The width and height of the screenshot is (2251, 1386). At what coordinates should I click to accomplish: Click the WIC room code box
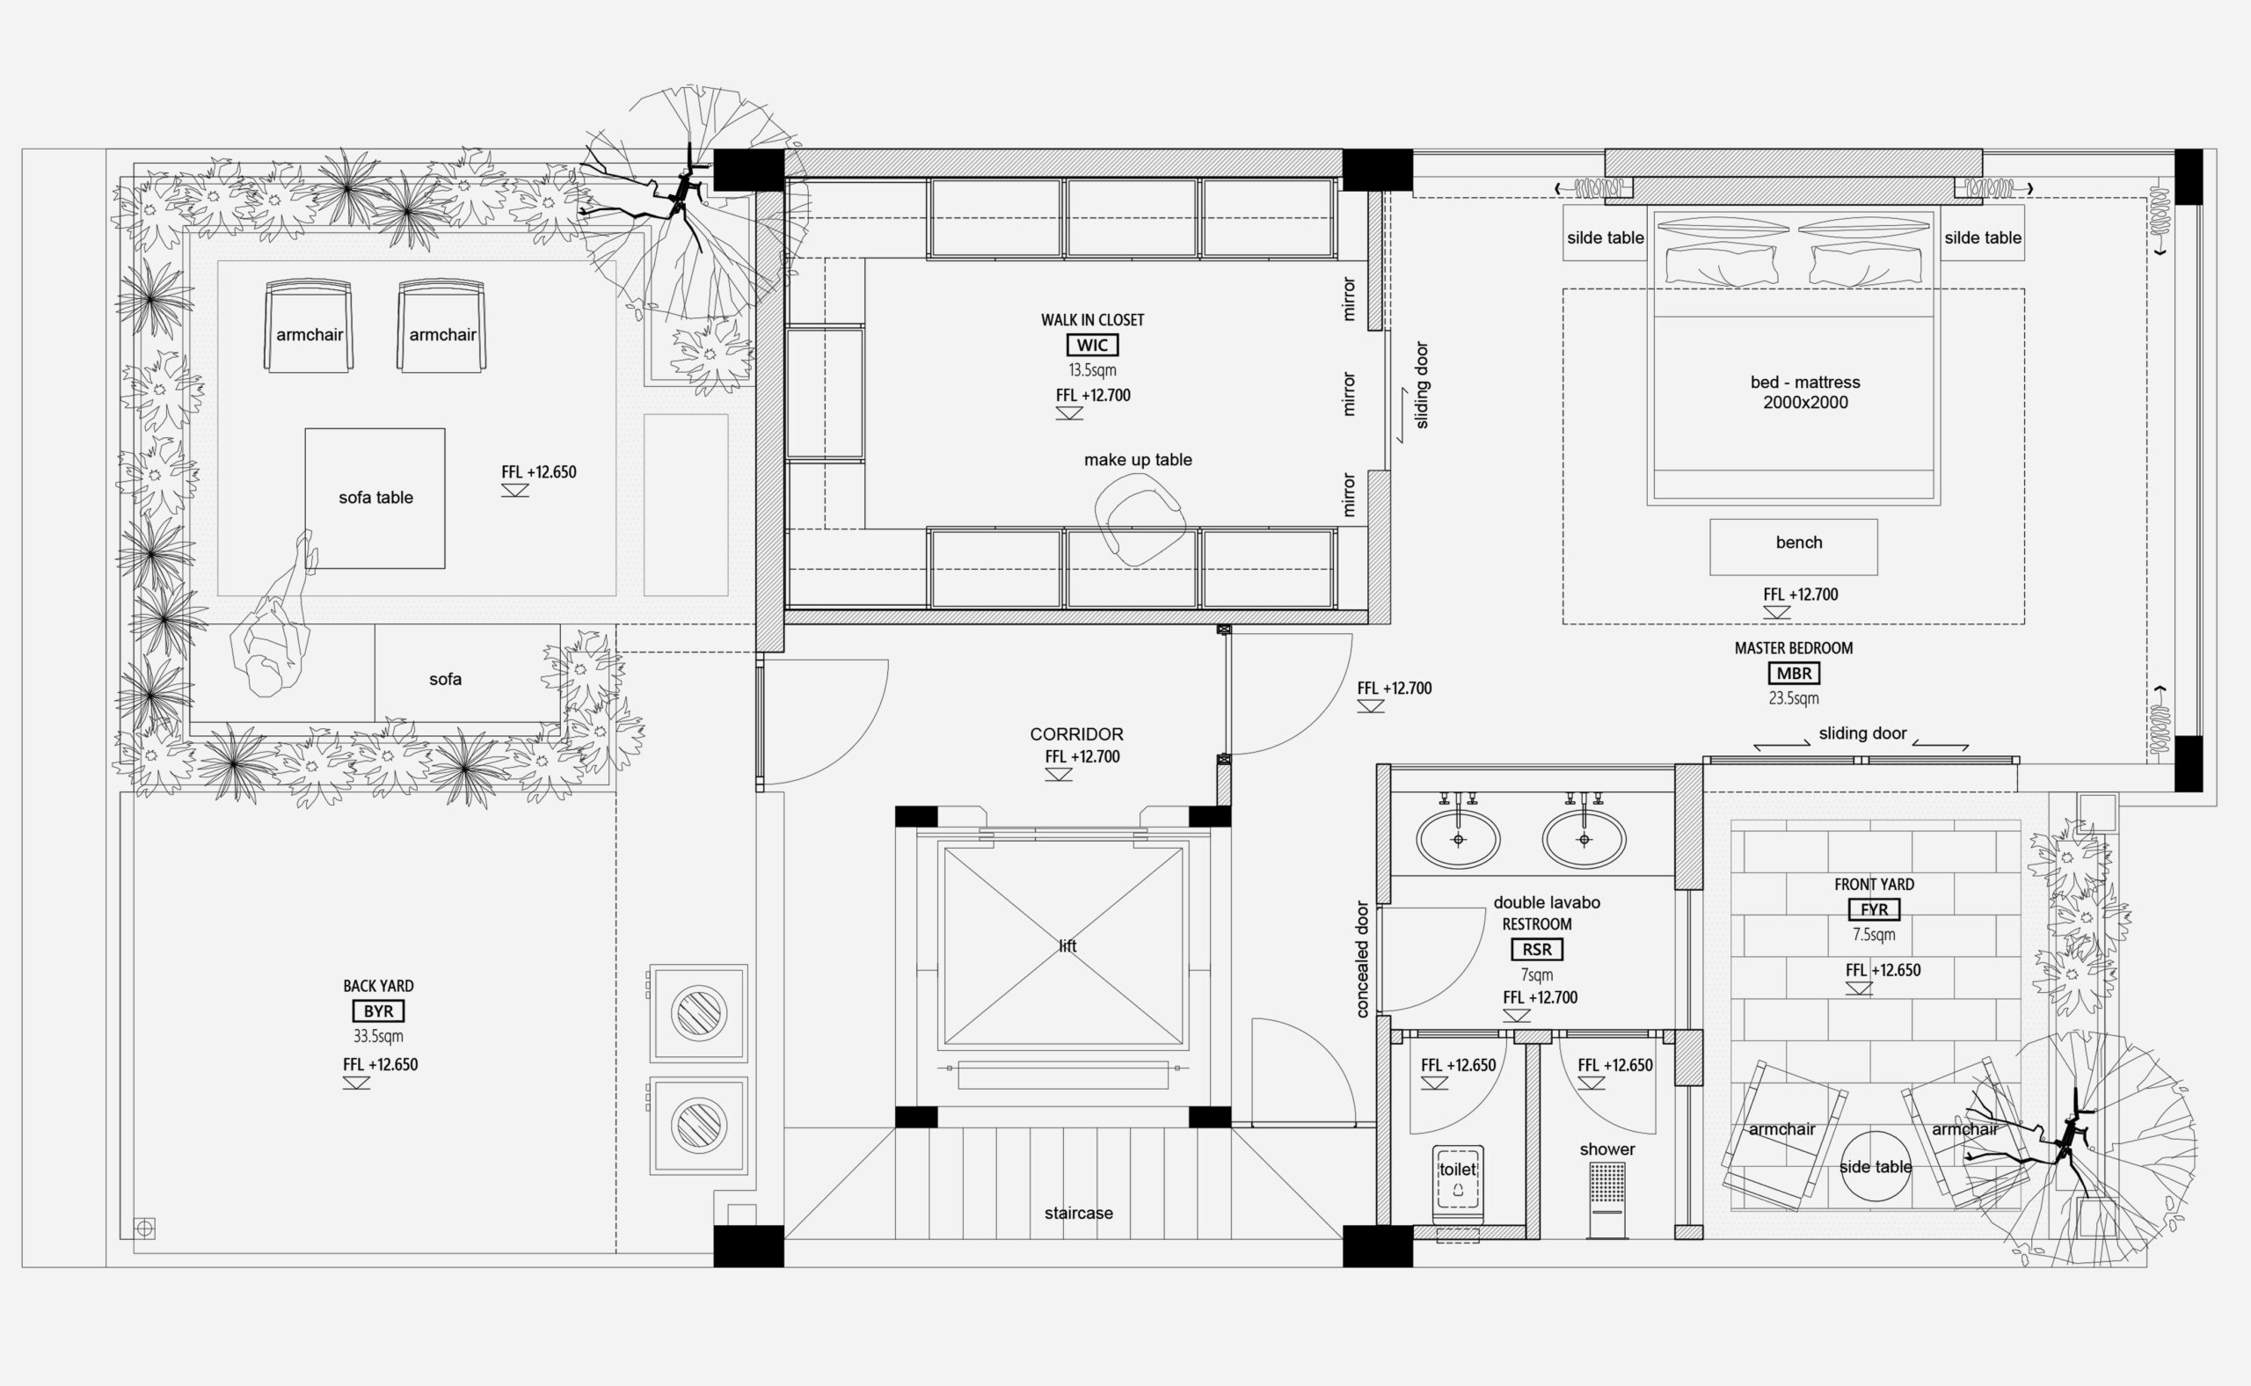click(x=1092, y=346)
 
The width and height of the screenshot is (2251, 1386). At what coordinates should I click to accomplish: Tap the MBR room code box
click(x=1794, y=674)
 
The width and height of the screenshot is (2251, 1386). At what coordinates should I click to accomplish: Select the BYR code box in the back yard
click(x=378, y=1011)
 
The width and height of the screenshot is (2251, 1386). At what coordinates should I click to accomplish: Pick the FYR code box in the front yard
click(x=1875, y=909)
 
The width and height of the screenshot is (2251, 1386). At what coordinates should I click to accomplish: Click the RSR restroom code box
click(x=1537, y=950)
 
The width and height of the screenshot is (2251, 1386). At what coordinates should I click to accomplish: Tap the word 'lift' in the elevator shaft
click(x=1067, y=946)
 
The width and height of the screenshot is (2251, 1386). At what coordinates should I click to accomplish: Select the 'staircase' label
click(x=1079, y=1213)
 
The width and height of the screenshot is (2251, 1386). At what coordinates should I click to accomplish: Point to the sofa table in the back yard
click(x=375, y=499)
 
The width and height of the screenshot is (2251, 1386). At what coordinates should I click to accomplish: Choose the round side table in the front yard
click(x=1876, y=1166)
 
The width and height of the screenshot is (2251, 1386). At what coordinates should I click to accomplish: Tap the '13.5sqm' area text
click(x=1092, y=370)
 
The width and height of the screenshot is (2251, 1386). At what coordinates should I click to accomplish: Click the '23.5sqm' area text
click(x=1794, y=698)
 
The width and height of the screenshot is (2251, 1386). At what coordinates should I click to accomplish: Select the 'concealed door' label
click(x=1362, y=959)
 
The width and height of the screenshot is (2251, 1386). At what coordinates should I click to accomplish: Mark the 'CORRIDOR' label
click(x=1076, y=734)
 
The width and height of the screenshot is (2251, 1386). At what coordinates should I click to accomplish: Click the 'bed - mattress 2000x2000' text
click(x=1805, y=392)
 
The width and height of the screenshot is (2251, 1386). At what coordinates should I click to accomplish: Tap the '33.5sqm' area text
click(x=378, y=1037)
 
